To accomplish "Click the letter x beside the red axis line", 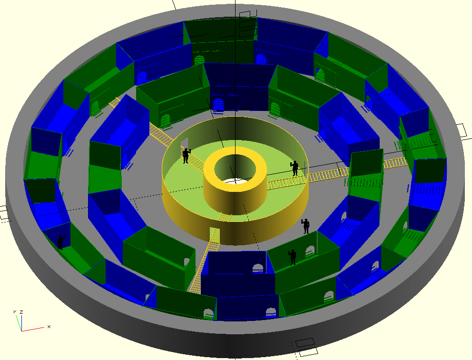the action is pyautogui.click(x=49, y=327).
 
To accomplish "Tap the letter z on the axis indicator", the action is pyautogui.click(x=21, y=312).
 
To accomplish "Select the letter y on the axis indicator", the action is pyautogui.click(x=14, y=311).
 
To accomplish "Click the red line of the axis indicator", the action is pyautogui.click(x=33, y=329).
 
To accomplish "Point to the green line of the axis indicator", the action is pyautogui.click(x=19, y=323).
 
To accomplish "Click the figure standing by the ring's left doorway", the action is pyautogui.click(x=186, y=155).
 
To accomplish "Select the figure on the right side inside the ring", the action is pyautogui.click(x=295, y=168).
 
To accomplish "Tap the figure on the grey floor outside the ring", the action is pyautogui.click(x=306, y=226).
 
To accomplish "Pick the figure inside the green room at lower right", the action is pyautogui.click(x=292, y=257).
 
